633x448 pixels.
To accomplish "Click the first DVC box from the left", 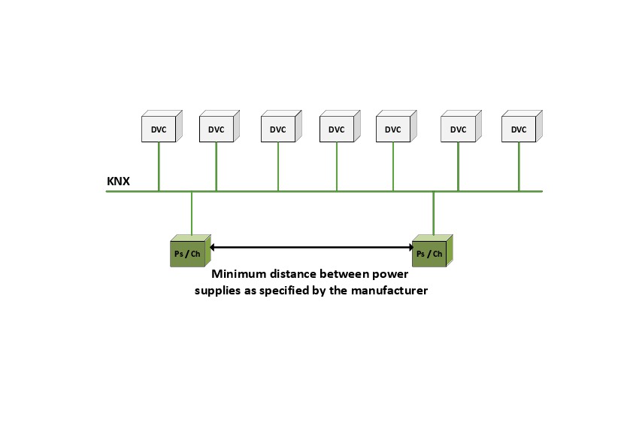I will point(159,129).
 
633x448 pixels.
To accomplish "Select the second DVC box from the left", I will point(216,129).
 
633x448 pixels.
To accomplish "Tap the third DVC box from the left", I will point(278,129).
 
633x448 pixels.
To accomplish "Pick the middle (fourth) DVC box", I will point(336,129).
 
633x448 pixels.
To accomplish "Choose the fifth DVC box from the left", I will point(392,129).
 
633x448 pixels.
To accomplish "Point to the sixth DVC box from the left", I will point(458,129).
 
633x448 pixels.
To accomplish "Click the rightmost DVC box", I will point(519,129).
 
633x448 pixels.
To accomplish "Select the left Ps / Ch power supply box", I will point(187,253).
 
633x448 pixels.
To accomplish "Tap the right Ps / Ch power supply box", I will point(429,253).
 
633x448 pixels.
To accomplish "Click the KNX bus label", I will point(118,182).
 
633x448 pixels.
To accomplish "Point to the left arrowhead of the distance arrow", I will point(212,246).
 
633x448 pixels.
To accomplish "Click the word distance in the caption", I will point(298,276).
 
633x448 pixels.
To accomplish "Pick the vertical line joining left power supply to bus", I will point(192,214).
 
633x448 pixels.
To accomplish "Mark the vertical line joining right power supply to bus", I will point(433,214).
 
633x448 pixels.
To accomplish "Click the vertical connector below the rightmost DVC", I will point(519,166).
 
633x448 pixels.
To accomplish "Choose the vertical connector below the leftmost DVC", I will point(159,166).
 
